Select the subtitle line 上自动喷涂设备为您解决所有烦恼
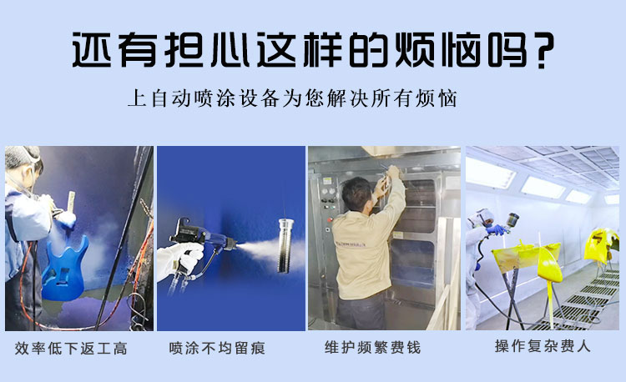[x=292, y=98]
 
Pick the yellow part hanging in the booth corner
[x=602, y=244]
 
